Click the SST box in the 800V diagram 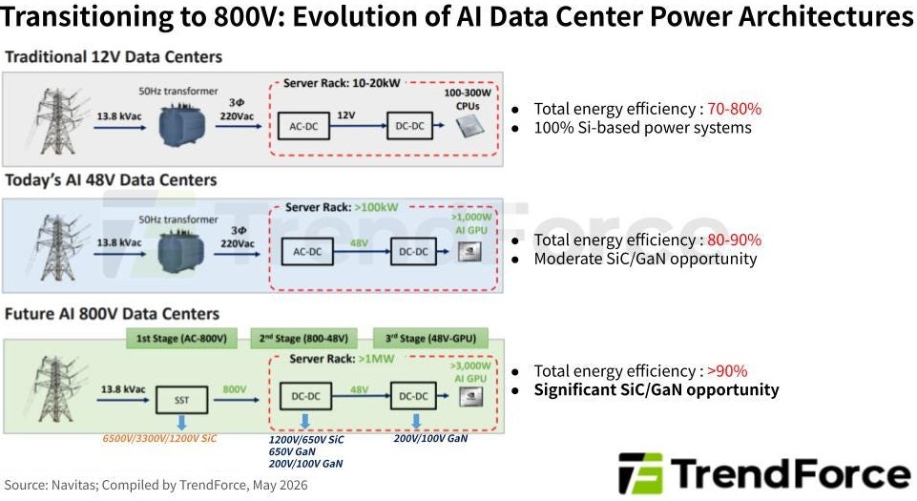181,400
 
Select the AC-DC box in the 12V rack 303,126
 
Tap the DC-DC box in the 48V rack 413,251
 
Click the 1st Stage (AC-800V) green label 181,339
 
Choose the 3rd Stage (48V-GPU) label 430,339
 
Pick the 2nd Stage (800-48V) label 303,339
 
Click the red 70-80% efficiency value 734,109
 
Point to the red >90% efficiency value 727,371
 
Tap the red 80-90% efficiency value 734,240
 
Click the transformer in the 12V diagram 182,124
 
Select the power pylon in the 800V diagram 56,388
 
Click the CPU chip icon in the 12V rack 469,126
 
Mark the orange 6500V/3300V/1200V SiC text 159,438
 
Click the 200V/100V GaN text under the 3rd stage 430,438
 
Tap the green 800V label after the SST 235,389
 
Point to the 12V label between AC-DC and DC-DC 345,115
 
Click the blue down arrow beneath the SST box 181,423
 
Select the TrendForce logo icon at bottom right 640,473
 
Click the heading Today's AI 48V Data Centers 111,180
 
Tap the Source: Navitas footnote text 156,485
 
